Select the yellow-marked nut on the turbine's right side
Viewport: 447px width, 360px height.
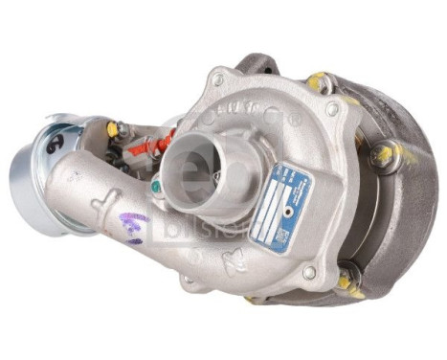(384, 154)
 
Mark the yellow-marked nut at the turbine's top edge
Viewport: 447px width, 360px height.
(318, 81)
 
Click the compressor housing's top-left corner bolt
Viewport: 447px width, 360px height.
(218, 79)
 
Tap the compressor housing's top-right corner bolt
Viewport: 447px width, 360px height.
(332, 109)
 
